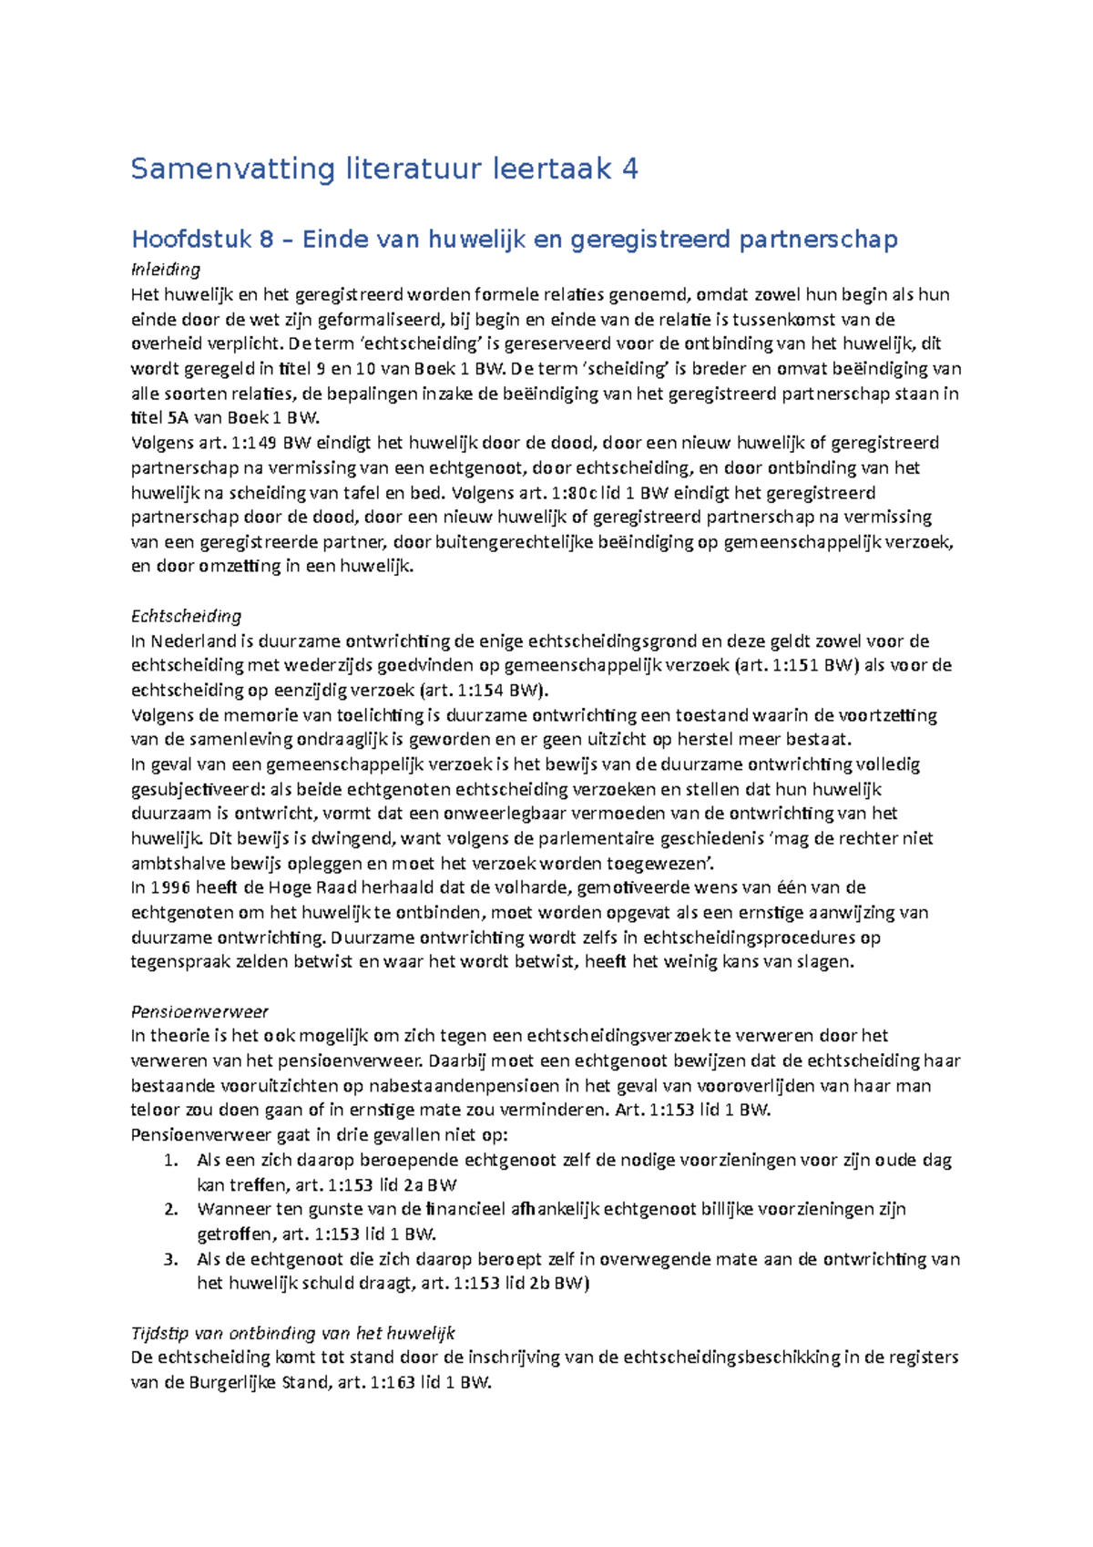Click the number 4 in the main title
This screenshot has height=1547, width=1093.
click(628, 169)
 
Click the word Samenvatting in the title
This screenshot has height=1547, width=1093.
click(233, 169)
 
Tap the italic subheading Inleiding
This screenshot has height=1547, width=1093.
click(165, 270)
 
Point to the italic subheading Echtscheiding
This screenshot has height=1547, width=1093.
click(186, 616)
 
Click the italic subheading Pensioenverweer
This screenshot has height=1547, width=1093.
click(199, 1011)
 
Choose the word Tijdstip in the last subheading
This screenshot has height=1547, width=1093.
click(159, 1333)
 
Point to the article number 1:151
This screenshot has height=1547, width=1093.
click(795, 665)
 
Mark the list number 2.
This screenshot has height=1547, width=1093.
click(170, 1210)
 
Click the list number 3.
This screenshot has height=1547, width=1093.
click(170, 1259)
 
